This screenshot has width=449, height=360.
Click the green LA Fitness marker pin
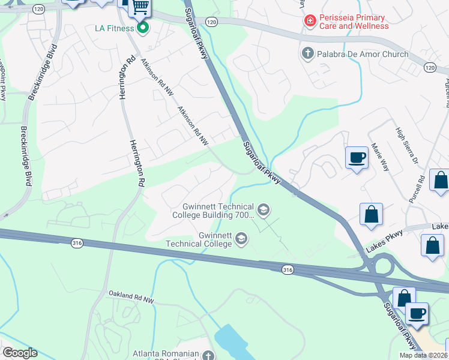tap(142, 28)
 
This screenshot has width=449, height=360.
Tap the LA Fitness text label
tap(116, 28)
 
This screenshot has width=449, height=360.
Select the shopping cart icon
tap(140, 7)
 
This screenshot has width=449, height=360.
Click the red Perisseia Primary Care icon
tap(310, 21)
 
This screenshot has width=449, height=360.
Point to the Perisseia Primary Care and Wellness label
tap(354, 22)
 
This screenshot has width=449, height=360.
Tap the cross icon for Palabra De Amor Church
tap(308, 54)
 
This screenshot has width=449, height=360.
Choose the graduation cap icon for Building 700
tap(262, 210)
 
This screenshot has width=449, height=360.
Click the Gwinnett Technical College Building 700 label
tap(213, 211)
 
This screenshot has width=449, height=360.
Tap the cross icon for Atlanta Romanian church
tap(208, 356)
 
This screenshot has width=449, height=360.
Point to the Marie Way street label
tap(380, 157)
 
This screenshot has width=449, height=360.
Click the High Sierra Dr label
tap(406, 146)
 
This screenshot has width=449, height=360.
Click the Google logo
tap(20, 353)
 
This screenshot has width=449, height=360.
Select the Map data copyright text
tap(423, 355)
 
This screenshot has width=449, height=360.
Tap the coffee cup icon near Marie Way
tap(357, 158)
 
